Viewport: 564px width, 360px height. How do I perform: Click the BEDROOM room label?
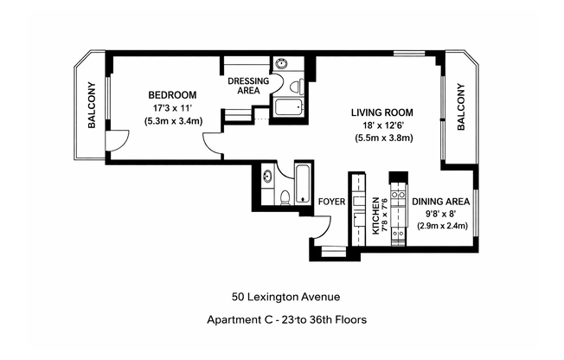172,94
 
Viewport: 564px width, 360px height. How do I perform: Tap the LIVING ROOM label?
381,112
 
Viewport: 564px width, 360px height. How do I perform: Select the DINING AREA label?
440,201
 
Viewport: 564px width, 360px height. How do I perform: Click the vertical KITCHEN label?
376,216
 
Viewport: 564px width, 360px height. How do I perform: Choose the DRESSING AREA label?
248,85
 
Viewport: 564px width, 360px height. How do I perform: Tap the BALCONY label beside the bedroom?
91,106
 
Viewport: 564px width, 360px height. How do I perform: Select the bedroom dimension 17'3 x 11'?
172,107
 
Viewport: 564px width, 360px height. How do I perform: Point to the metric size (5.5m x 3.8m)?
381,138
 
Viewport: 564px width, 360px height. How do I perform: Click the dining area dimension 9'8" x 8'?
440,213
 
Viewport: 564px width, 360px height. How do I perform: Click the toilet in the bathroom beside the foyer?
284,196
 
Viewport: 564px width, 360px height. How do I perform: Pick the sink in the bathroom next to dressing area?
283,65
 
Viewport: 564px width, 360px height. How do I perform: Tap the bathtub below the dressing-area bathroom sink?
287,107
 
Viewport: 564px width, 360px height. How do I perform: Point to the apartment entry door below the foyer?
321,231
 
